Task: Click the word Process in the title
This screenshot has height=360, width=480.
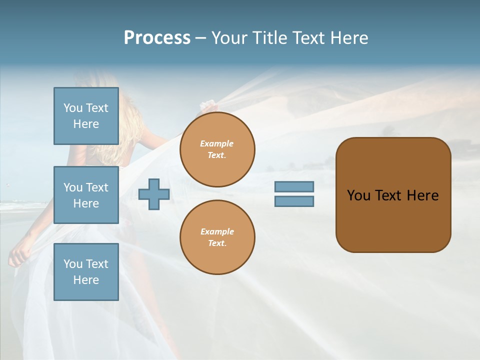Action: point(157,38)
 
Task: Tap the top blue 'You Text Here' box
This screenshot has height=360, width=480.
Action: point(86,116)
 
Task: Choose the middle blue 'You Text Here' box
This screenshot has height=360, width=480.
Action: point(86,195)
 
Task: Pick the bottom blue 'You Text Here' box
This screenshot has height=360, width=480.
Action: point(86,272)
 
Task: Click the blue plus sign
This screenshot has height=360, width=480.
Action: point(154,194)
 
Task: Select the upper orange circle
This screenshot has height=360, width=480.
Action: point(217,149)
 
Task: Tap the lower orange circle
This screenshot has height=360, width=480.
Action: point(217,237)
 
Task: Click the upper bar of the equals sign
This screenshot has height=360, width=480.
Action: point(294,187)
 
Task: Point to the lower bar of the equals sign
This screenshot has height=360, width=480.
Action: point(294,201)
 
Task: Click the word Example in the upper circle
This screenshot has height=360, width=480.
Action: point(216,143)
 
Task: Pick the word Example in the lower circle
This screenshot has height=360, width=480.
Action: point(217,231)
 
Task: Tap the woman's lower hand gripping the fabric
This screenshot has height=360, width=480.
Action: point(17,256)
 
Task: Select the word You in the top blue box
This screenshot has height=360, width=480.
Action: point(73,108)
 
